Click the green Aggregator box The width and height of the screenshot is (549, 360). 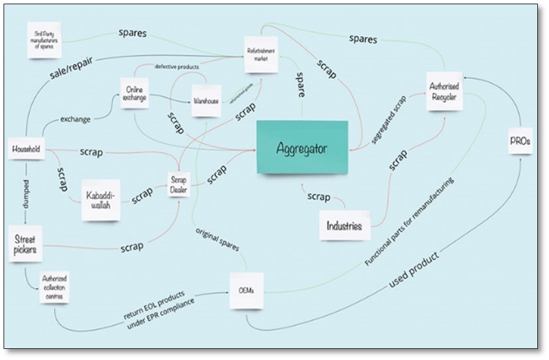pyautogui.click(x=302, y=147)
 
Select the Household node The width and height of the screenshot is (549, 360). pyautogui.click(x=26, y=150)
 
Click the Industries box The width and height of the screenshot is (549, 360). pyautogui.click(x=344, y=226)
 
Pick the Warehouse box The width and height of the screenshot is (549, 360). pyautogui.click(x=206, y=101)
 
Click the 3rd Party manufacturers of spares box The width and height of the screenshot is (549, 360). pyautogui.click(x=44, y=41)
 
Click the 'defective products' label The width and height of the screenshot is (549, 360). pyautogui.click(x=177, y=67)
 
